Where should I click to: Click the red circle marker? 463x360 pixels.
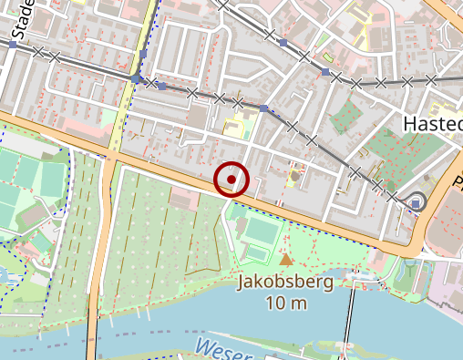[x=231, y=180]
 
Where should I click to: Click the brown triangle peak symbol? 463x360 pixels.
[x=286, y=260]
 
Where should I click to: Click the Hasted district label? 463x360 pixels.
[x=434, y=124]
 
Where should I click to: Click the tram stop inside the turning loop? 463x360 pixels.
[x=416, y=204]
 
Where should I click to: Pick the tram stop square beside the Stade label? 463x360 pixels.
[x=13, y=44]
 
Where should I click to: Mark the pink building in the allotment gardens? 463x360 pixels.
[x=183, y=197]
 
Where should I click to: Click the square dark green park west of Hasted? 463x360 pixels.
[x=345, y=115]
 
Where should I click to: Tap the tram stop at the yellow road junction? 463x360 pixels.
[x=136, y=80]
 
